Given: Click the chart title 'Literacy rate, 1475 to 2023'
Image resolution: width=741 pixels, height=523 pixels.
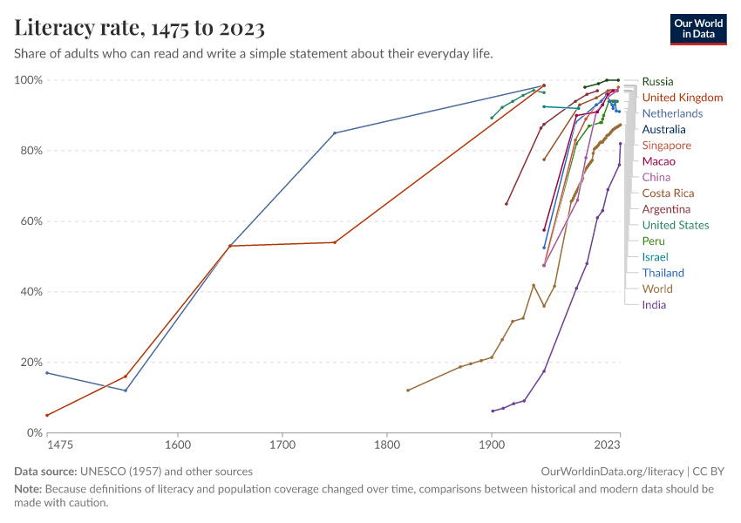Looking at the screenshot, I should (139, 28).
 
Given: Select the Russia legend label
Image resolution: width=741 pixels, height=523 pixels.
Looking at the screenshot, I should (657, 82).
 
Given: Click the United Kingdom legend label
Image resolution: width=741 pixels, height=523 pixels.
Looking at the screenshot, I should (682, 98).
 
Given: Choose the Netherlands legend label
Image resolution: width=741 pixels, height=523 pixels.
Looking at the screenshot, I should (672, 113).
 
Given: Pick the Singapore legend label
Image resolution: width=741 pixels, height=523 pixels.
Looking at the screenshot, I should (666, 146).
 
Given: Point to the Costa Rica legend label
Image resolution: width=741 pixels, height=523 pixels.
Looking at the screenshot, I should (668, 194).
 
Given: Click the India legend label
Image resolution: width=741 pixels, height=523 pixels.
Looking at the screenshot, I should (654, 305).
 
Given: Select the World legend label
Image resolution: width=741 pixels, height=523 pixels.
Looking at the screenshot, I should (657, 289).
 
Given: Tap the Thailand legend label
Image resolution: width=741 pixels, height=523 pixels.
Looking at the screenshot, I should (663, 273).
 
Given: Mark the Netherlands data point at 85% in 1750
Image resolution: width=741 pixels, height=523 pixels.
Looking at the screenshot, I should (335, 132).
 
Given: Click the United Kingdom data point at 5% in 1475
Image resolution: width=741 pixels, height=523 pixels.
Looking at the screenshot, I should (47, 415).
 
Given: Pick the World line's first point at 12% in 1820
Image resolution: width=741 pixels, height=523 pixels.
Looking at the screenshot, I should (408, 391).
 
